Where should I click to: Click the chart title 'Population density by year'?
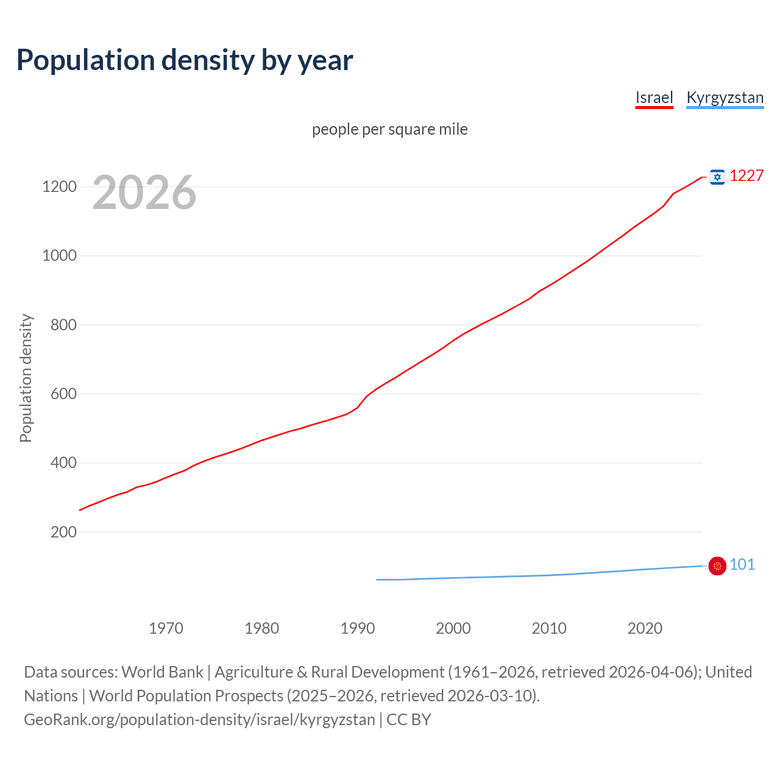coord(185,60)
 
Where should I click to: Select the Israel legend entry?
coord(654,97)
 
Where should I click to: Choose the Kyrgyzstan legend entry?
coord(725,97)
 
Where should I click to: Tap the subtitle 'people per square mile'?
coord(389,129)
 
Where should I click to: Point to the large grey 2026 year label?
coord(144,193)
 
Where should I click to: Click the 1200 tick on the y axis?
coord(59,186)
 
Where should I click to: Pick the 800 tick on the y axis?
coord(63,325)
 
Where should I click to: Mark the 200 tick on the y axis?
coord(63,532)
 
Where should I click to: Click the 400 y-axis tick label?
coord(63,463)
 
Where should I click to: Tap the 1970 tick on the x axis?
coord(166,628)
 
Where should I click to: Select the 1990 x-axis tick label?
coord(358,628)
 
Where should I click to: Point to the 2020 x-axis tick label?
coord(645,628)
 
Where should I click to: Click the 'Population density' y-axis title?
coord(26,378)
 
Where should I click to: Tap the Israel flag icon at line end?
coord(717,177)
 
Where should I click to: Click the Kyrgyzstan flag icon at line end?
coord(717,566)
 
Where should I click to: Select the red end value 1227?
coord(746,175)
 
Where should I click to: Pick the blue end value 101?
coord(742,564)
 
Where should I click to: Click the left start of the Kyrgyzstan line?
coord(377,580)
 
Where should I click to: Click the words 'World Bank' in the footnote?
coord(162,672)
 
